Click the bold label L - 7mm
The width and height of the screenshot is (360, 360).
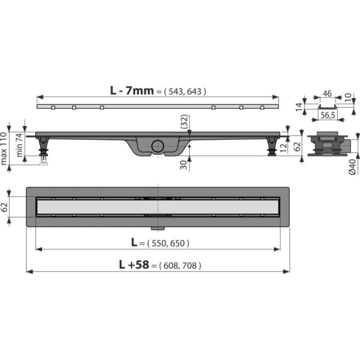click(132, 90)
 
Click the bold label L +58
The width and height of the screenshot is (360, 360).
click(134, 264)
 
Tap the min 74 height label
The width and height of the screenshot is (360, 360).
click(20, 145)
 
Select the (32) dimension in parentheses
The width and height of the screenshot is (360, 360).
click(184, 121)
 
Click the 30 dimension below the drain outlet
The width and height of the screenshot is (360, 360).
click(183, 165)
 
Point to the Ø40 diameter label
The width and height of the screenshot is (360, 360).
click(352, 166)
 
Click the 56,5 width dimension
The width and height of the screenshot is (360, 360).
click(327, 115)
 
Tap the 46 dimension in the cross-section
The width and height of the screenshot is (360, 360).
click(327, 93)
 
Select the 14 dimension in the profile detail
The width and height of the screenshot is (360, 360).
click(298, 107)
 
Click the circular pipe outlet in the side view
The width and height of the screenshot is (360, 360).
click(157, 146)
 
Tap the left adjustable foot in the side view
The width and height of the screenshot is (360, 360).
click(43, 149)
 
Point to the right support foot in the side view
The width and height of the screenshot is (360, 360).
click(272, 146)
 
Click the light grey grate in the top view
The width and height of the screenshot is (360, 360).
click(157, 207)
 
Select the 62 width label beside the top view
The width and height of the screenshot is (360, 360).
click(4, 207)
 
